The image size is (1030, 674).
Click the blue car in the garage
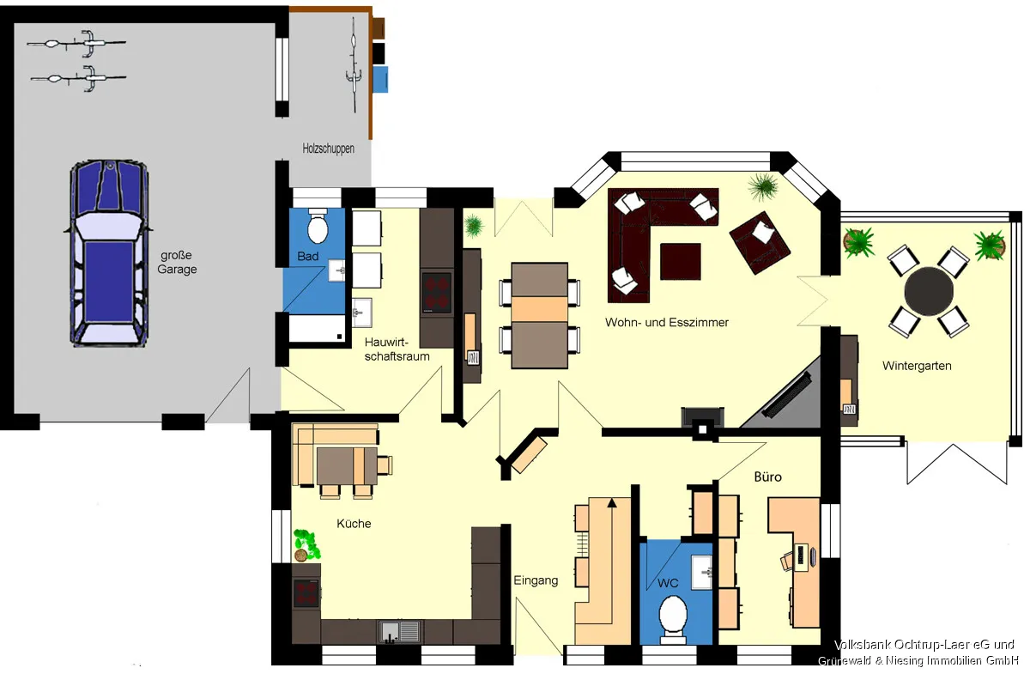109,253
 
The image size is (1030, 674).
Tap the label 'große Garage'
177,262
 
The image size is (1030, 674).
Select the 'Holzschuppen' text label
328,149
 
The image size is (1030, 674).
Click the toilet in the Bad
318,226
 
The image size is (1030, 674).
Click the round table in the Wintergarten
929,291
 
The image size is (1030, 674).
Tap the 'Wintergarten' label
917,366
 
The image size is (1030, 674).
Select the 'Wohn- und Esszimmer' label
667,322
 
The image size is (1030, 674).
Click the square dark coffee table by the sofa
681,261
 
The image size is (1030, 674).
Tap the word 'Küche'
354,524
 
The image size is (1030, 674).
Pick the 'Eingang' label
536,580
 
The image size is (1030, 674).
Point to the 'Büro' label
768,477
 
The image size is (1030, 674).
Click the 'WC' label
668,583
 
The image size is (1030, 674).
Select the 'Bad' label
307,256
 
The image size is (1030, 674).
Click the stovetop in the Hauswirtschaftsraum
437,293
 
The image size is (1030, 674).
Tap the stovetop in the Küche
306,593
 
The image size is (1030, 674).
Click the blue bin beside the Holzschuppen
380,80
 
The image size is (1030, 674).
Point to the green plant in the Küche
306,544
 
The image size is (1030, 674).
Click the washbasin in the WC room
702,572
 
